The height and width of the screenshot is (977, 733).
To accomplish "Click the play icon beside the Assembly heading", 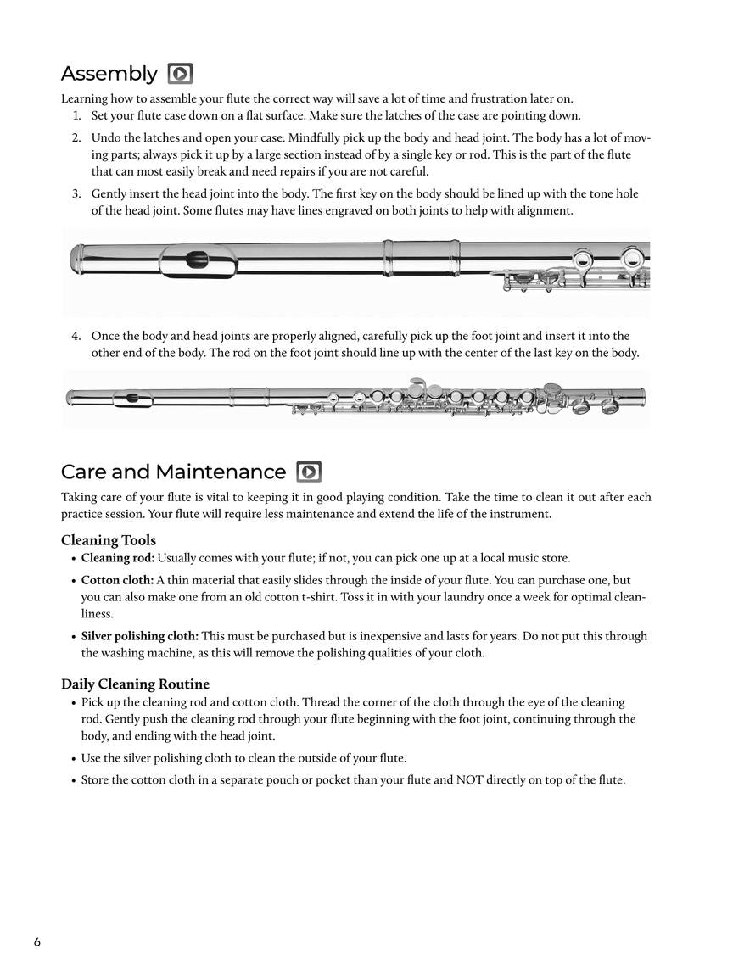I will tap(180, 74).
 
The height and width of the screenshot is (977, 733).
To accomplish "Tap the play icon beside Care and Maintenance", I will tap(309, 472).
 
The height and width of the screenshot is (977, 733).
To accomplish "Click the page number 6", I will tap(37, 942).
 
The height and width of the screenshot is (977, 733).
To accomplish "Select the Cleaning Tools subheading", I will tap(109, 540).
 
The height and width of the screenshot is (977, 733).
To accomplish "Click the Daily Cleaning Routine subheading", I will tap(135, 684).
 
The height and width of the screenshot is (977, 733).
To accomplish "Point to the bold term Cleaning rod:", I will tap(118, 558).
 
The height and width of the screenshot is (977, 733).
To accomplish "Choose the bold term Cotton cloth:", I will tap(117, 580).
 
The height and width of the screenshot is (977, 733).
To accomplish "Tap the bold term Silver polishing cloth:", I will tap(140, 636).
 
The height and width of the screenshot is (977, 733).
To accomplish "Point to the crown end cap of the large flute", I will tap(77, 259).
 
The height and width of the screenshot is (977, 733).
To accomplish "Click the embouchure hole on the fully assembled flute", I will tap(132, 398).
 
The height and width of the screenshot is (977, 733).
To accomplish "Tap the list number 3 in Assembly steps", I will tap(76, 194).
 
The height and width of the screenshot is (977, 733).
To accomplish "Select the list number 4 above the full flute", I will tap(76, 336).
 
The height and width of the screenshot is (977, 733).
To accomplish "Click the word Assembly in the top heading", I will tap(109, 74).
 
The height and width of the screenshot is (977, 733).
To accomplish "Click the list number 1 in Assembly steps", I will tap(76, 116).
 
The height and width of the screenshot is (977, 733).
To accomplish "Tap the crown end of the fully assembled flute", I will tap(70, 397).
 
